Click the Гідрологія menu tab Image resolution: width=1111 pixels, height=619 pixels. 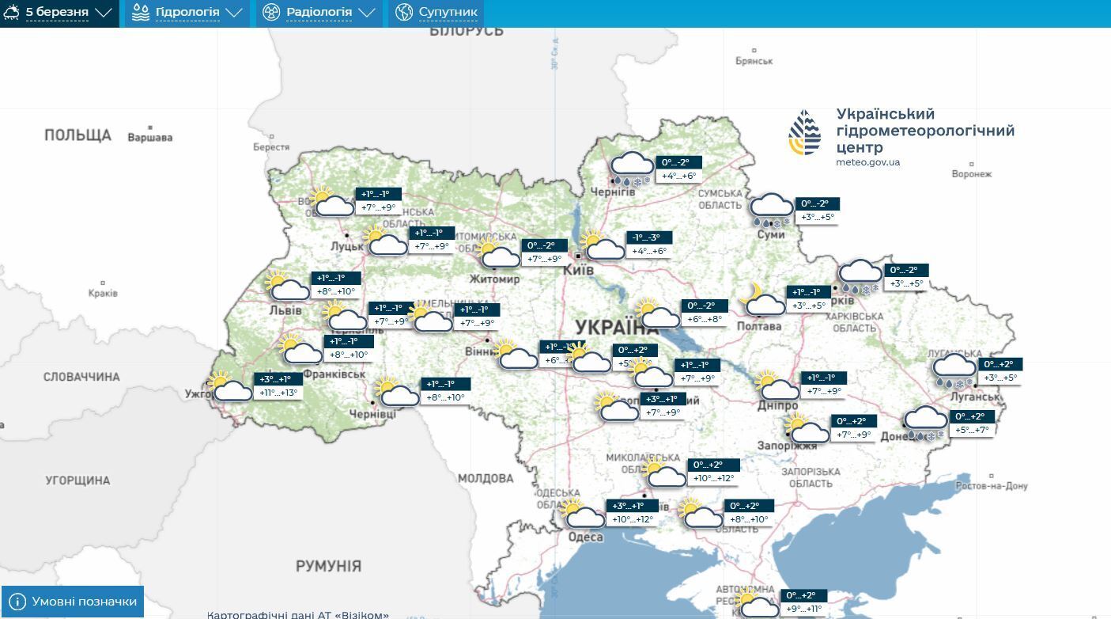[187, 13]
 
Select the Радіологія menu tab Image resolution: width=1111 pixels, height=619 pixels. [319, 13]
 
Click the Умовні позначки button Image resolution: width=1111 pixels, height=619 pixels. [73, 602]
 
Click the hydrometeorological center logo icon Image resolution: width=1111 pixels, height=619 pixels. [805, 133]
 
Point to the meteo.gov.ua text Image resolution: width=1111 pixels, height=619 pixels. [867, 162]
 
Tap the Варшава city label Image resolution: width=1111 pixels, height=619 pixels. [149, 137]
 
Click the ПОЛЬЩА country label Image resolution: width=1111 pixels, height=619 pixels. [77, 135]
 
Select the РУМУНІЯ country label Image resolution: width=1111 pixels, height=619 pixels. [328, 566]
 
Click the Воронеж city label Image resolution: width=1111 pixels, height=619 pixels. [971, 174]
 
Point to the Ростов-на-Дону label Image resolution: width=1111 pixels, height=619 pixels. [991, 486]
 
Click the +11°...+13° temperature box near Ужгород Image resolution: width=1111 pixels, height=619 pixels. [278, 393]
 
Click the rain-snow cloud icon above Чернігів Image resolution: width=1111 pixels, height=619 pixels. [631, 169]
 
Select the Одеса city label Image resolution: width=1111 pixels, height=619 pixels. [585, 537]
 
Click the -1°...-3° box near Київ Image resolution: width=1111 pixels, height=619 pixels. [651, 237]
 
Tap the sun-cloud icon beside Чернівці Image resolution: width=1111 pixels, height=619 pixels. [396, 392]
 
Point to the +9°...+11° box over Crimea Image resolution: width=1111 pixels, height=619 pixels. [804, 610]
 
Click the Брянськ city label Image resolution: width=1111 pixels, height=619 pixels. [754, 61]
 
